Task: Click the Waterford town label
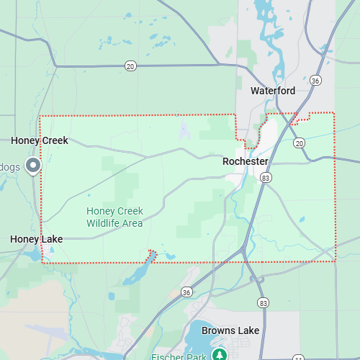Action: point(273,91)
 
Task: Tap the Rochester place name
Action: point(245,161)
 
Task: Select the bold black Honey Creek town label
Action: point(40,141)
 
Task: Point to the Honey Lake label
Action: point(36,239)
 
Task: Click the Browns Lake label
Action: point(230,330)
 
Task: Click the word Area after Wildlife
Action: point(133,223)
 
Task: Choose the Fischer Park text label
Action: point(179,356)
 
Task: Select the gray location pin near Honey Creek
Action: point(33,166)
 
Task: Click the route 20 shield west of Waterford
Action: point(130,66)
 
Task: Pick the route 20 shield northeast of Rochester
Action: point(300,143)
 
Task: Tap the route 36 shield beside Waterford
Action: point(315,81)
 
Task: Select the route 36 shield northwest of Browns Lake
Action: point(186,292)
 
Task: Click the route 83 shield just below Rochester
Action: point(266,177)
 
